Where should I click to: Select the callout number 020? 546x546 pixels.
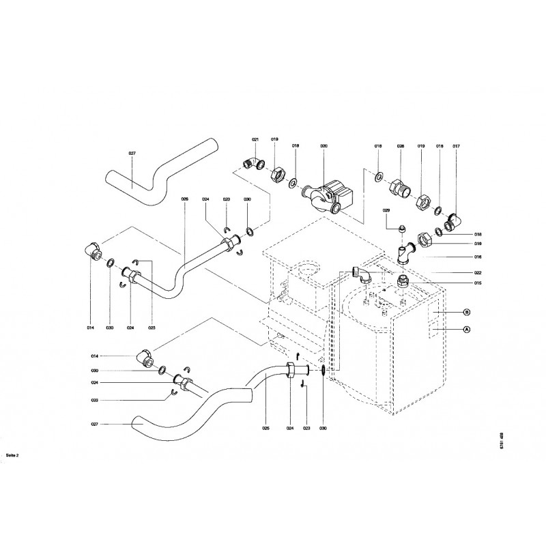324,146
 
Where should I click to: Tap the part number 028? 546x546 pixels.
401,146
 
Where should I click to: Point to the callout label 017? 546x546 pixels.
456,146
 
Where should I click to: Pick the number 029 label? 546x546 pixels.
386,210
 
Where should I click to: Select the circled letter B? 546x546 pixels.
467,312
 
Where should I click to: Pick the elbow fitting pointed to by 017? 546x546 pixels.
452,222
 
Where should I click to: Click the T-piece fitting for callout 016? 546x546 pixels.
405,253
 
